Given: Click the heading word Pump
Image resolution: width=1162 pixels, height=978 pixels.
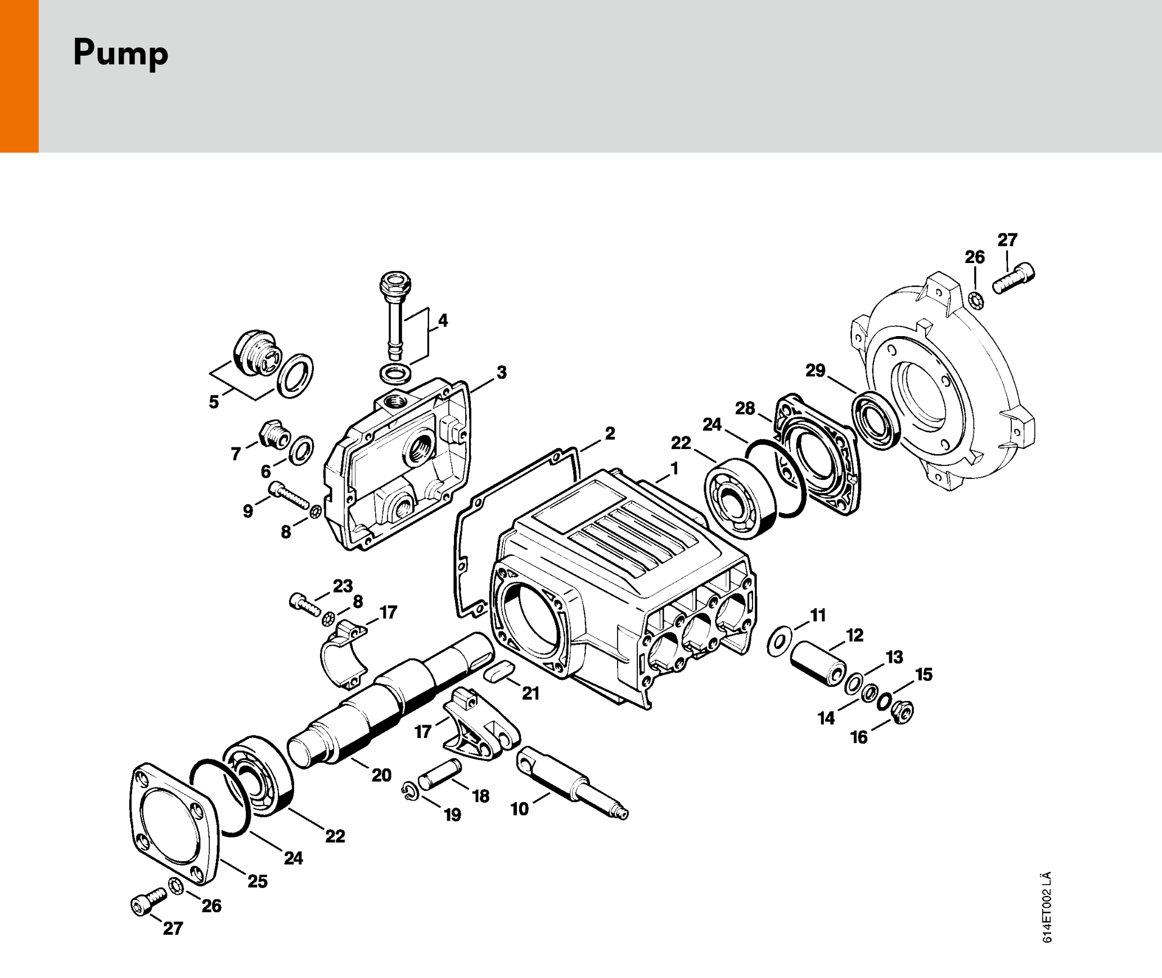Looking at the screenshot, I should (120, 53).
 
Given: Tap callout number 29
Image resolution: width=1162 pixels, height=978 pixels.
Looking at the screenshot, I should (815, 370).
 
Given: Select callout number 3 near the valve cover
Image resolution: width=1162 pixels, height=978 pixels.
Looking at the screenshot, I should (501, 372).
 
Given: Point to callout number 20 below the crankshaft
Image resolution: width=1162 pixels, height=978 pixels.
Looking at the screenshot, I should (381, 775).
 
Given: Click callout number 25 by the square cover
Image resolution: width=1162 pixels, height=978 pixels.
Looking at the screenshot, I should (258, 881).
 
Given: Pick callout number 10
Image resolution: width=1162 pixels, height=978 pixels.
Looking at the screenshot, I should (519, 809).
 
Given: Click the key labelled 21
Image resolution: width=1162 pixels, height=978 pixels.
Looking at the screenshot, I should (499, 671).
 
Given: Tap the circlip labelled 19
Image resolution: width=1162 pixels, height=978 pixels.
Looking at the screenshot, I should (410, 791).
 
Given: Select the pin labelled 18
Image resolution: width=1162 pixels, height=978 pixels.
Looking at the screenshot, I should (439, 774).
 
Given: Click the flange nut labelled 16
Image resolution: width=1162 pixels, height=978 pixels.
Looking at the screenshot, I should (903, 713).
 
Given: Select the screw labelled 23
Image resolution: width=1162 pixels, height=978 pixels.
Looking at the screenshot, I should (304, 604).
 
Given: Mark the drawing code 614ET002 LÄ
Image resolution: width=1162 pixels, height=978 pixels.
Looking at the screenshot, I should (1046, 907).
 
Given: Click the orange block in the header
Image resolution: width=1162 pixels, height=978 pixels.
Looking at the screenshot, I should (19, 76).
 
